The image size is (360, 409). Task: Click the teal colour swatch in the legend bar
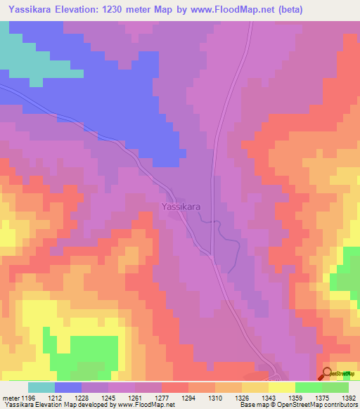(x=41, y=388)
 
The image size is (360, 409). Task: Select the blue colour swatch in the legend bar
(x=68, y=388)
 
